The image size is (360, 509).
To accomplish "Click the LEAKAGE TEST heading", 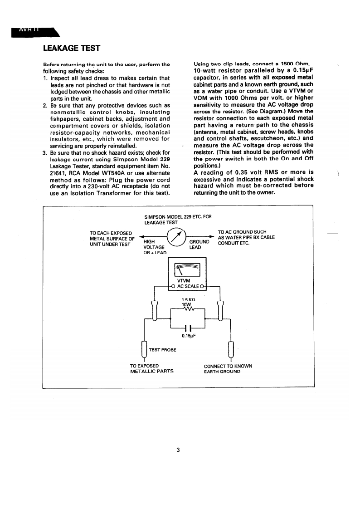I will pos(71,48).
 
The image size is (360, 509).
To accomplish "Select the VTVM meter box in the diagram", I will pos(187,273).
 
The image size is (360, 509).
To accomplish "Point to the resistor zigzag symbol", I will pos(187,310).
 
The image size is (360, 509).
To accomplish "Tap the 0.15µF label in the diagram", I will pos(188,336).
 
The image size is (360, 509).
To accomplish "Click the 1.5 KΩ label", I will pos(188,300).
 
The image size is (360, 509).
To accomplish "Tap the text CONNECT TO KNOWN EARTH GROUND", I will pos(228,368).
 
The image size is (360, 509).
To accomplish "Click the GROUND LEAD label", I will pos(199,245).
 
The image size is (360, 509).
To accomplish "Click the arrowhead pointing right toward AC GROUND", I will pos(212,236).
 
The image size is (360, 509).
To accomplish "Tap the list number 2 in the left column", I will pos(45,105).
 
